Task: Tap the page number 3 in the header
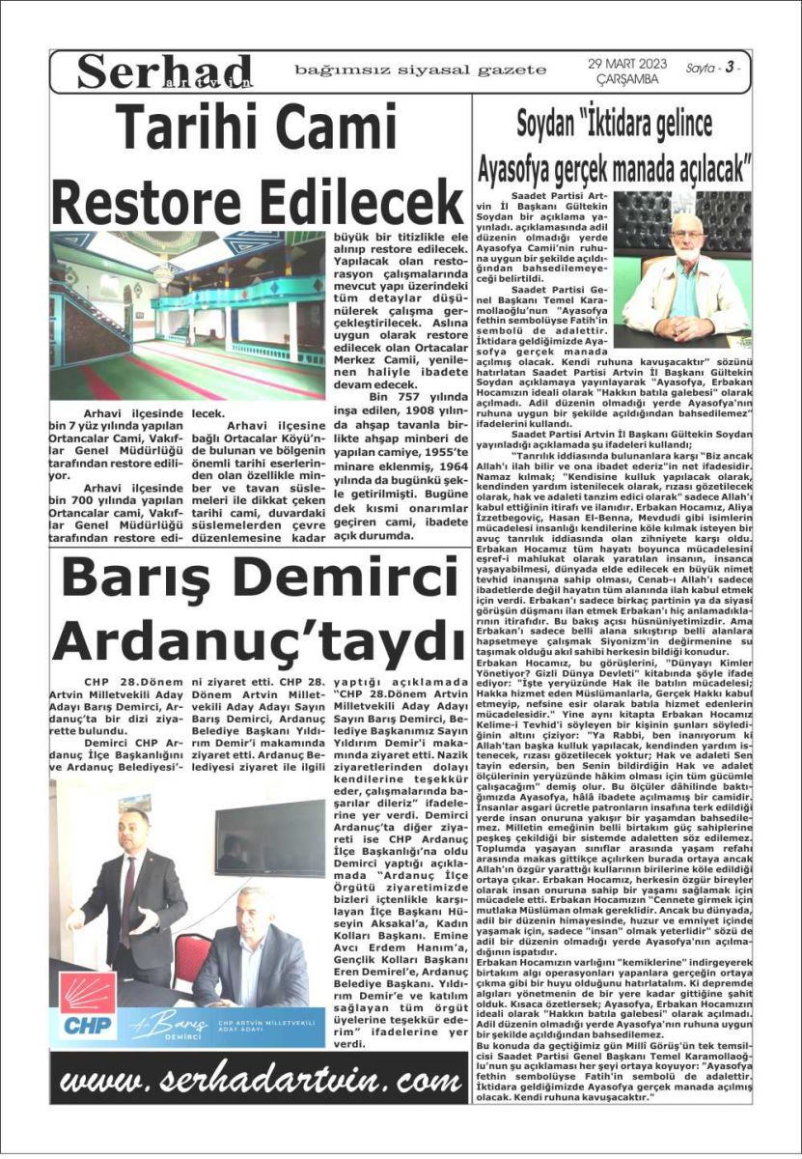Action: point(731,68)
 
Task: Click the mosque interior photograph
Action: point(188,316)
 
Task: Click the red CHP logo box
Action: point(88,1004)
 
